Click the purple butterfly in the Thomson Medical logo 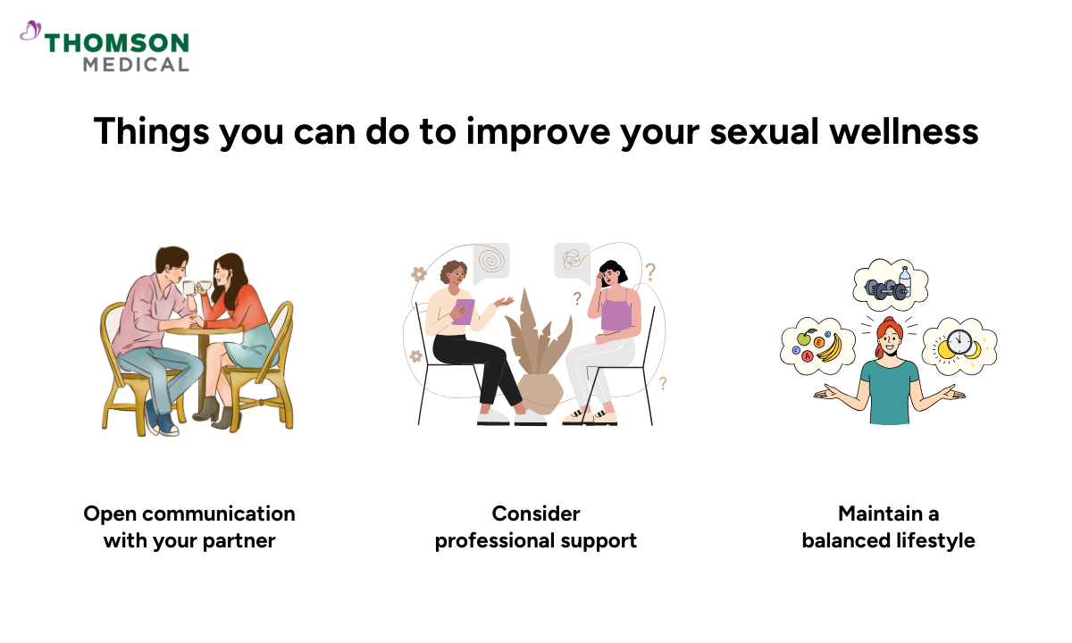tap(30, 32)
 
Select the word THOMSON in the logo tap(117, 43)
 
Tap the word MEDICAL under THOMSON tap(136, 64)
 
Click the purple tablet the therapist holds tap(462, 311)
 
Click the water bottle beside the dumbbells tap(905, 280)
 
